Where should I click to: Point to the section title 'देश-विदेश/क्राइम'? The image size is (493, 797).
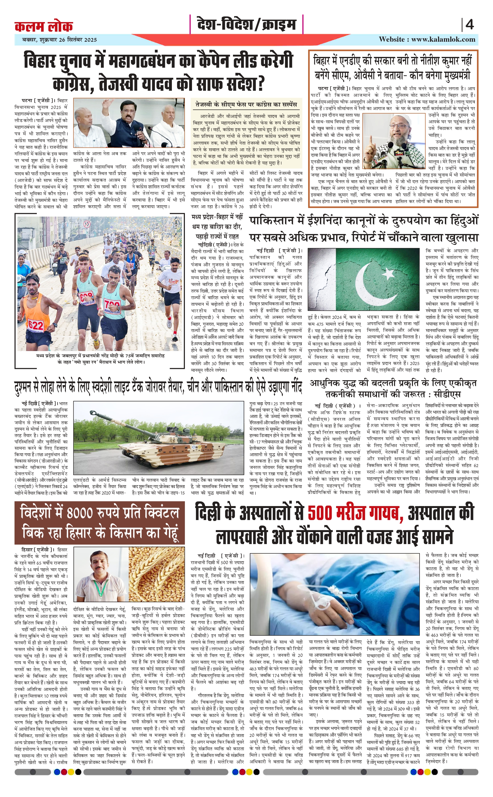(246, 25)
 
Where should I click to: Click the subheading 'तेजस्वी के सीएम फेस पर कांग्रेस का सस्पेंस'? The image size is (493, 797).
(246, 105)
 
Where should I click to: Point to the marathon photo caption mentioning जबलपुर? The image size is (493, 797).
(100, 359)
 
